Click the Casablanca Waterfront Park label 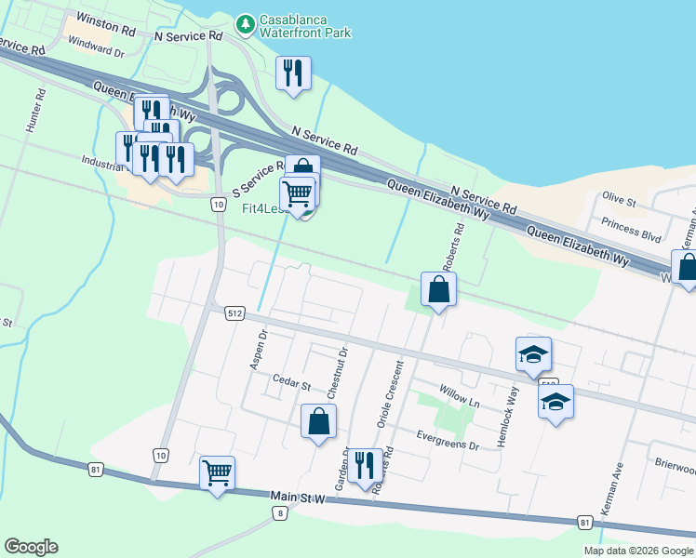[304, 26]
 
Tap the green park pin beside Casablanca [245, 21]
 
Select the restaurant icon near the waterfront [294, 73]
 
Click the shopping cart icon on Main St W [217, 472]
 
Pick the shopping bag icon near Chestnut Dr [318, 421]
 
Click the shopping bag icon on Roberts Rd [438, 289]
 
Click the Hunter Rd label [37, 110]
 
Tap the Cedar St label [290, 380]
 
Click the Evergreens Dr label [448, 440]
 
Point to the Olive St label [618, 199]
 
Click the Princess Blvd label [632, 229]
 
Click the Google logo [32, 547]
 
